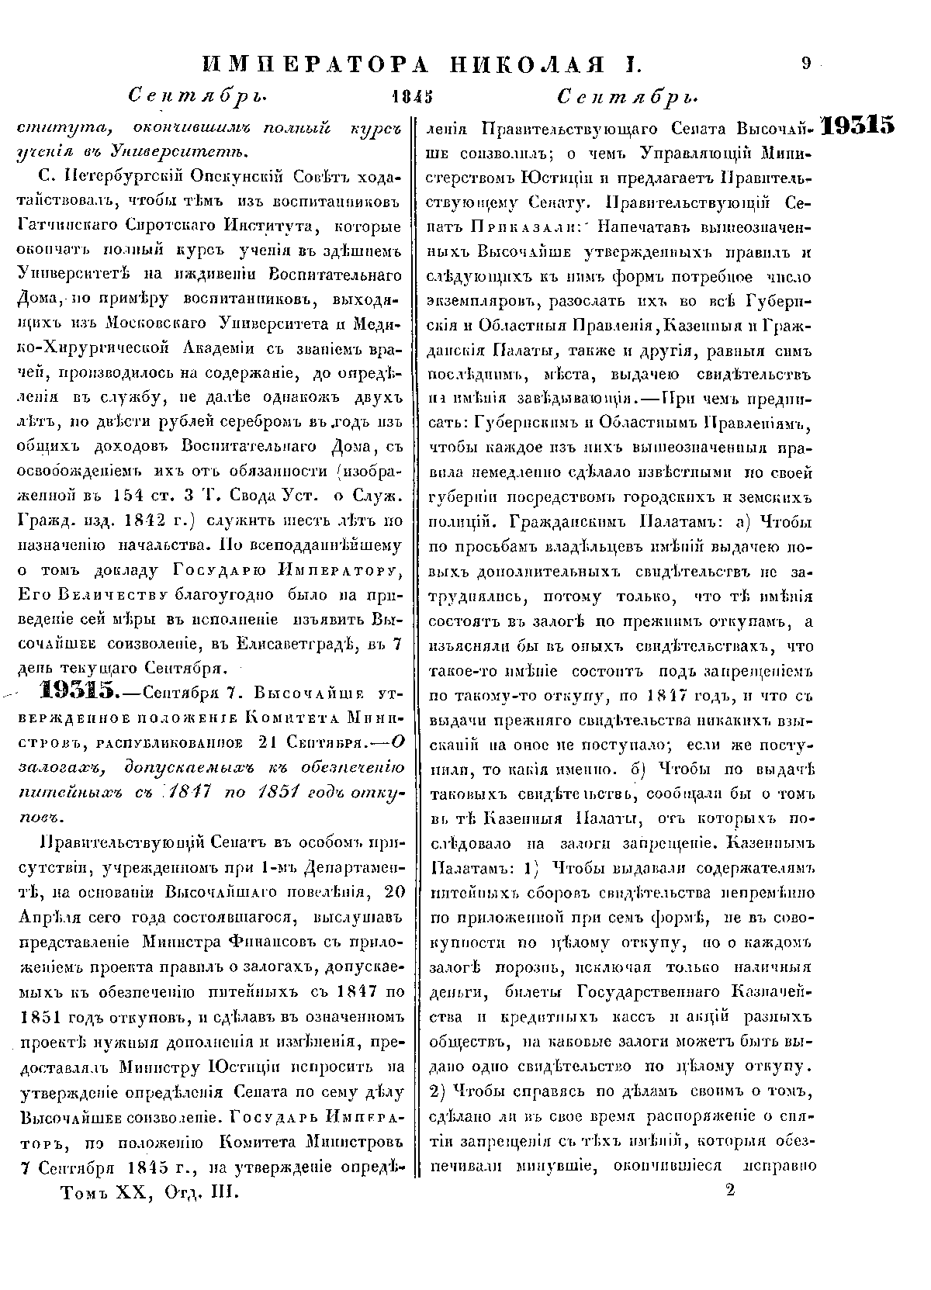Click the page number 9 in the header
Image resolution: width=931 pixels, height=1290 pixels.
807,65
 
